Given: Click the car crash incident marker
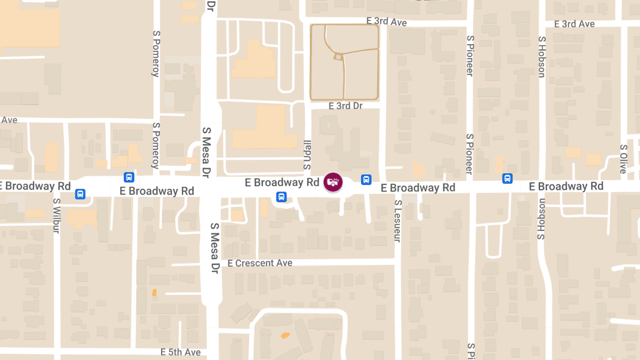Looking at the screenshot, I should click(333, 182).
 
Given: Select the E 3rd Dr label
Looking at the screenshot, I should click(345, 106).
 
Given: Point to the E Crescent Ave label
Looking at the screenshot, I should click(260, 263).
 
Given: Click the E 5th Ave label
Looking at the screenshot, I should click(180, 352).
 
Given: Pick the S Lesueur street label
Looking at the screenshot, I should click(397, 221).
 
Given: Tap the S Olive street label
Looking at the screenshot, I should click(623, 158).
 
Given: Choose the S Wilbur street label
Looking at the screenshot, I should click(57, 216).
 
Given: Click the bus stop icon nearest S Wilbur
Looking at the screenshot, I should click(80, 194).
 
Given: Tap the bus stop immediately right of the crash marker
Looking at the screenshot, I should click(366, 180).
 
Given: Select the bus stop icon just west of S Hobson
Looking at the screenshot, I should click(508, 178).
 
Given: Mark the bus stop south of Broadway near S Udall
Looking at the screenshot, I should click(281, 197).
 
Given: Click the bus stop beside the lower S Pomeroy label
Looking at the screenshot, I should click(129, 177).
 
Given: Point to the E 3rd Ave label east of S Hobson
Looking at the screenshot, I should click(574, 24).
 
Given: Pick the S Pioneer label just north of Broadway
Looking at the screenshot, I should click(469, 154).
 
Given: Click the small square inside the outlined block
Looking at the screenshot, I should click(338, 56).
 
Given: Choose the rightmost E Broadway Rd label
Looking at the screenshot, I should click(566, 186).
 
